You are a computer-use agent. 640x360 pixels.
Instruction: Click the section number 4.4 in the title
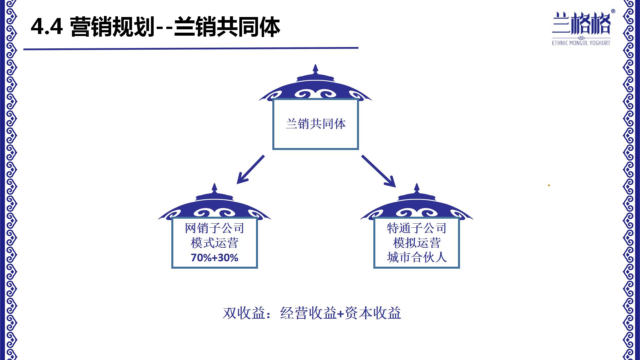tap(47, 27)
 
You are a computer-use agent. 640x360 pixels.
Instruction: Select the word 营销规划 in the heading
tap(112, 27)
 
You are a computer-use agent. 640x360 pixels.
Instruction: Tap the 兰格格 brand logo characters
tap(581, 23)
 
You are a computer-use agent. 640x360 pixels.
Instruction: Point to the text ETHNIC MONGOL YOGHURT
tap(581, 43)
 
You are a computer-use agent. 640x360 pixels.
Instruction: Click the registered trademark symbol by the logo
tap(613, 11)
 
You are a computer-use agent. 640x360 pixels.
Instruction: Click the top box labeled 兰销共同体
tap(315, 124)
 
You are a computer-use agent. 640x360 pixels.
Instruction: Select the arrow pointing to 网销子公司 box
tap(250, 169)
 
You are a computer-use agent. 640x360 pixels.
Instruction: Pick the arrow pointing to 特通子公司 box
tap(379, 171)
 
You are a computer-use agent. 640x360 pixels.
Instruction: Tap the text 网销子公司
tap(214, 228)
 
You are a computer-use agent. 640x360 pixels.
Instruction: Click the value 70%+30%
tap(214, 258)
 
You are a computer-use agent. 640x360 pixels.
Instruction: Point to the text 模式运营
tap(214, 243)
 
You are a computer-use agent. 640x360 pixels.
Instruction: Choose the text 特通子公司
tap(416, 228)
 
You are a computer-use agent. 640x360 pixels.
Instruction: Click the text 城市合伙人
tap(416, 257)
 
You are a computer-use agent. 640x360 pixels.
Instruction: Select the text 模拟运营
tap(416, 243)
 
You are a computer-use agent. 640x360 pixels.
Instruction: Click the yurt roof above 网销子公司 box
tap(214, 205)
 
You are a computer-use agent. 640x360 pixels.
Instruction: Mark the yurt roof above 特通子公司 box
tap(416, 205)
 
